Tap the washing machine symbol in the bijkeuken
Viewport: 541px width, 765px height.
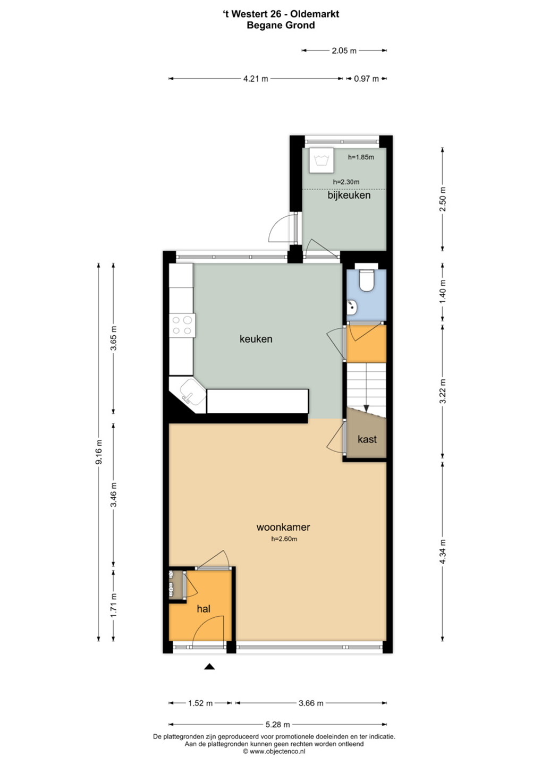coord(322,160)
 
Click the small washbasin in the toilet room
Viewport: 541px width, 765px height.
coord(351,307)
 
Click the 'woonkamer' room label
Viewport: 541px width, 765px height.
coord(283,527)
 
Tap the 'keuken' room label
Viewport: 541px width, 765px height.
coord(256,339)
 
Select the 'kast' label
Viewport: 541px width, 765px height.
coord(367,439)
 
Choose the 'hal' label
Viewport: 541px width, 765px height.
coord(204,609)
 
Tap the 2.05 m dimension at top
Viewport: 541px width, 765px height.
coord(344,51)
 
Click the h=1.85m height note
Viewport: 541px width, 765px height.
coord(361,157)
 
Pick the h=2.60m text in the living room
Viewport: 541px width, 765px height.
coord(284,539)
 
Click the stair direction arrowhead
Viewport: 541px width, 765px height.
coord(367,408)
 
